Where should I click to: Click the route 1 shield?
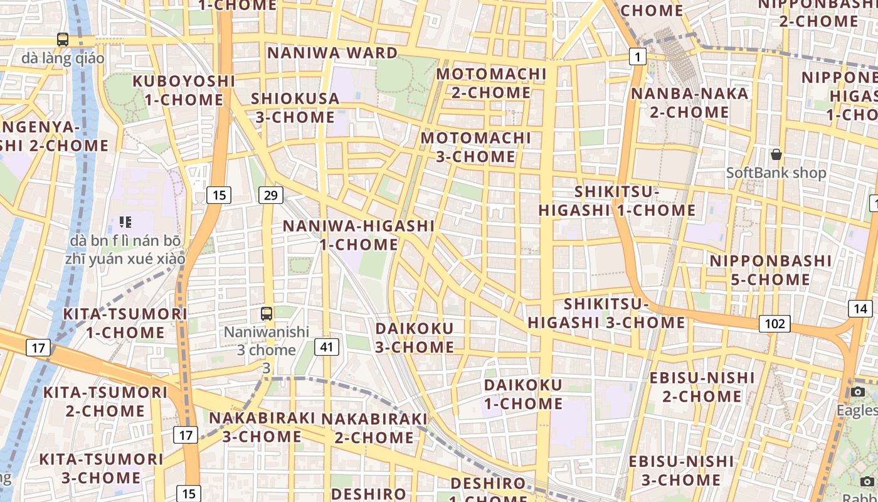[638, 58]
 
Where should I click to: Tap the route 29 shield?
[270, 195]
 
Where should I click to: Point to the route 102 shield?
[775, 324]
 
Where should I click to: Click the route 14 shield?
[860, 308]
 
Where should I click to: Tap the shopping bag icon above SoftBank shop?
[776, 154]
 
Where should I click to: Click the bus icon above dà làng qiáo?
[63, 40]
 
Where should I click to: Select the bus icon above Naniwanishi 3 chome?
[267, 313]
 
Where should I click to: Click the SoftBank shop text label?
[776, 173]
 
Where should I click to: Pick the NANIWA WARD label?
[332, 53]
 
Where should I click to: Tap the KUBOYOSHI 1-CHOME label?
[184, 90]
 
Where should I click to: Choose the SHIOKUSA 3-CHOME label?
[295, 108]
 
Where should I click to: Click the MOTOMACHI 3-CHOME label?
[476, 147]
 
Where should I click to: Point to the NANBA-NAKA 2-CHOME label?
[689, 103]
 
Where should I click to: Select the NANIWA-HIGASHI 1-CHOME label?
[359, 235]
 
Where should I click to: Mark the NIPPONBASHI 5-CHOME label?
[770, 270]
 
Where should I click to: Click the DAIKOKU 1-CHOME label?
[523, 394]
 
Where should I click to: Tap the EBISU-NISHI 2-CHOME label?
[702, 387]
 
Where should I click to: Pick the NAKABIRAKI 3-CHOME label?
[262, 427]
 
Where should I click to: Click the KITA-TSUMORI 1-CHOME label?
[125, 323]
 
